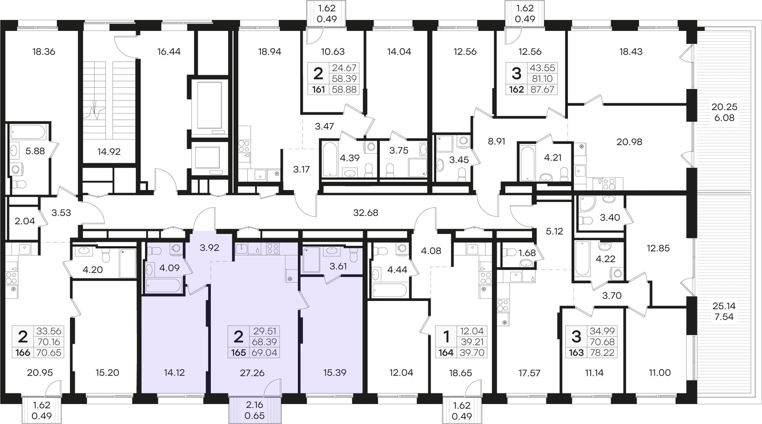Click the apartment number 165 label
[x=238, y=353]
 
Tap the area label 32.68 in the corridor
[x=366, y=213]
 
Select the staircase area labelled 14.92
[x=109, y=151]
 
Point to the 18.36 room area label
[x=44, y=52]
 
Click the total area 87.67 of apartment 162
[x=542, y=89]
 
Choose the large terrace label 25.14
[x=724, y=306]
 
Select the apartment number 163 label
[x=576, y=353]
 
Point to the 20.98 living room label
[x=629, y=142]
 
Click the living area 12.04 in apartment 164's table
[x=472, y=331]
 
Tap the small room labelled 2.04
[x=25, y=221]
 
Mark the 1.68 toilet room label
[x=527, y=253]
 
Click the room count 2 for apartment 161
[x=318, y=73]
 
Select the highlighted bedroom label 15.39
[x=335, y=372]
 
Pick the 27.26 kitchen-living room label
[x=252, y=373]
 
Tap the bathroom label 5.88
[x=35, y=151]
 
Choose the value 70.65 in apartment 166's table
[x=49, y=353]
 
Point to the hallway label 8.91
[x=496, y=141]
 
